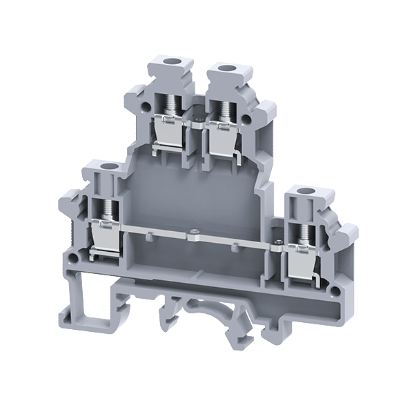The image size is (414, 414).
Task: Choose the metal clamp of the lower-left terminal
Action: [x=104, y=236]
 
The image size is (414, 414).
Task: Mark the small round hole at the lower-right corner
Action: [x=337, y=281]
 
